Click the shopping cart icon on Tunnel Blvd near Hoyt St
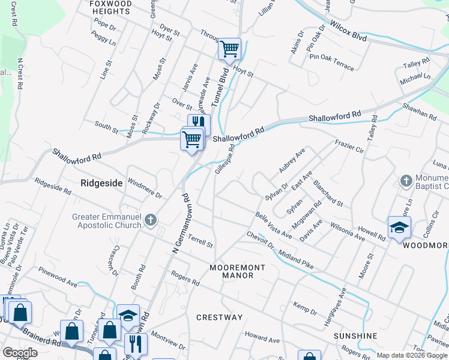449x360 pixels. click(229, 49)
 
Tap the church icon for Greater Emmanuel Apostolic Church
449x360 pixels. click(151, 221)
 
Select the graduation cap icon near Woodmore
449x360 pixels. click(399, 227)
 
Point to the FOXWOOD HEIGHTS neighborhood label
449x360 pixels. click(110, 7)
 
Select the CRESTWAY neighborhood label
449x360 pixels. click(220, 317)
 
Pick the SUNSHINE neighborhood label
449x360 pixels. click(356, 336)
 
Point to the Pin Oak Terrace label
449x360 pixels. click(332, 62)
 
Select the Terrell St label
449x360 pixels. click(200, 242)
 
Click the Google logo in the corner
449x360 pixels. click(20, 353)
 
